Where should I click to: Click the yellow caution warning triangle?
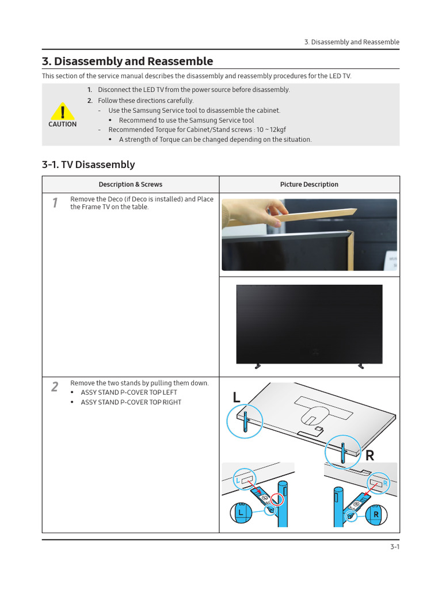62,110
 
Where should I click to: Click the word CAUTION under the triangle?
62,124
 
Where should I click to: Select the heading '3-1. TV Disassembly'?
88,165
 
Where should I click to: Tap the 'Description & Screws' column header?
130,185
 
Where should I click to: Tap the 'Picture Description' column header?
309,185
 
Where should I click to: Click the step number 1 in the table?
55,202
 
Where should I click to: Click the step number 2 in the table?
55,387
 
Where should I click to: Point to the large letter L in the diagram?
237,398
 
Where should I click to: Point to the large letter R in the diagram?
369,456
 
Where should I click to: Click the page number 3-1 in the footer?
394,547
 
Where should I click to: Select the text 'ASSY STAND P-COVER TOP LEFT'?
129,393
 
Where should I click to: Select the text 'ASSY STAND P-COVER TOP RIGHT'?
131,403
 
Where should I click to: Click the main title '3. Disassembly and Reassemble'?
127,62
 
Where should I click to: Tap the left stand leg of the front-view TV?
256,365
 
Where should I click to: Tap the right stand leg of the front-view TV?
362,365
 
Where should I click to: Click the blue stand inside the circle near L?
246,421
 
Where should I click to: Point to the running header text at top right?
351,42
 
